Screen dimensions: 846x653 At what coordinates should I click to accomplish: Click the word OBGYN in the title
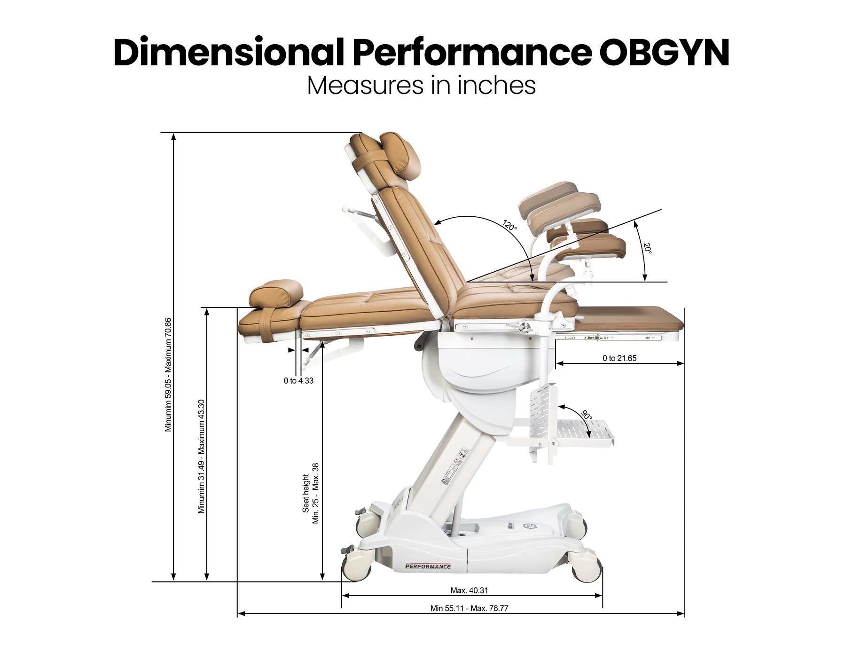664,53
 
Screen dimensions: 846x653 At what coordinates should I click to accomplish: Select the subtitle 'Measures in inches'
421,86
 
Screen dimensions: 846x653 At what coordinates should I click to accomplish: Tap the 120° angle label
509,225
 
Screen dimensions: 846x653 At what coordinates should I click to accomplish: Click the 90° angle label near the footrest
587,415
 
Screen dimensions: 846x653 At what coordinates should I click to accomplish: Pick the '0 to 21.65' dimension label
619,358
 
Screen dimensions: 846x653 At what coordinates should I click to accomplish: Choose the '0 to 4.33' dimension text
298,381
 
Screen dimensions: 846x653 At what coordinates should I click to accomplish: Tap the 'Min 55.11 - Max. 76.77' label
469,608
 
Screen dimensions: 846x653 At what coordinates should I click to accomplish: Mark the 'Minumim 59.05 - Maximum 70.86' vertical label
168,375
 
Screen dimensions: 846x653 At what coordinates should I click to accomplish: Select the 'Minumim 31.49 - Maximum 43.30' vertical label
201,456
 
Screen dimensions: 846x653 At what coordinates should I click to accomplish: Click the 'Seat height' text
306,494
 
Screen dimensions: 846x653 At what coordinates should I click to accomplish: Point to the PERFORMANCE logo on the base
428,566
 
